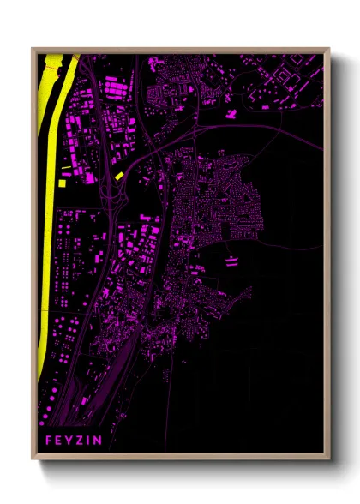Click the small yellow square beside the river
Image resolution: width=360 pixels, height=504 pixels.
tap(60, 181)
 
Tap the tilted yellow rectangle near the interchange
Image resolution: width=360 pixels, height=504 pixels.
tap(119, 176)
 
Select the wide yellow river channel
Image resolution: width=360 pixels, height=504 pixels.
tap(50, 214)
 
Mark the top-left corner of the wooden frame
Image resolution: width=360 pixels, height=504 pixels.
tap(33, 49)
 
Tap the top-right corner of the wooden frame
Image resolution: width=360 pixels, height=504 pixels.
tap(329, 49)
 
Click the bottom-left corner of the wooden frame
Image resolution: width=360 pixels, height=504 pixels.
tap(33, 460)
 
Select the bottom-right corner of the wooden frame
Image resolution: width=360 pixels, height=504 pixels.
tap(329, 460)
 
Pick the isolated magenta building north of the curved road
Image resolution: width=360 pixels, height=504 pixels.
tap(230, 111)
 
